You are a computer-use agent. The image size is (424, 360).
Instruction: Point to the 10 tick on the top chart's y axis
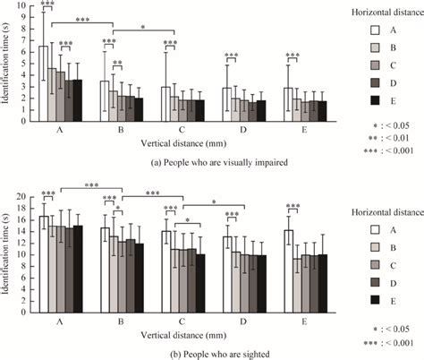[25, 6]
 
